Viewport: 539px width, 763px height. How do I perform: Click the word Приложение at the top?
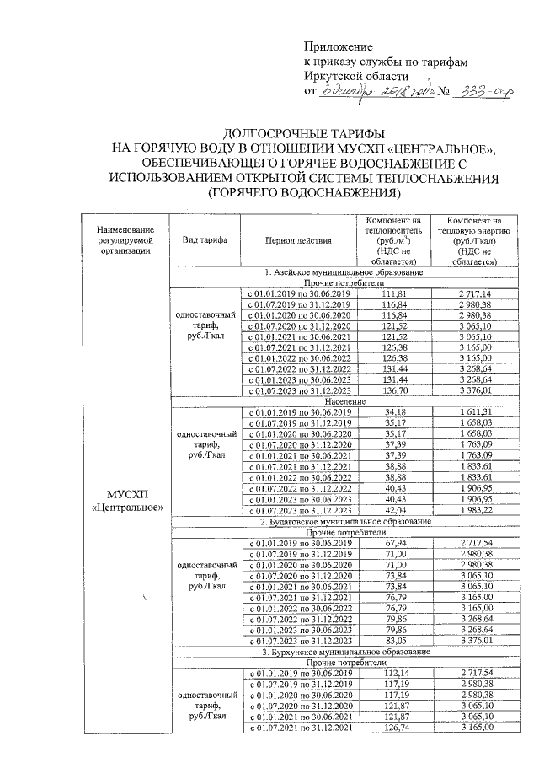337,47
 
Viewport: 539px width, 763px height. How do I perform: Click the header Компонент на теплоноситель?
387,240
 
